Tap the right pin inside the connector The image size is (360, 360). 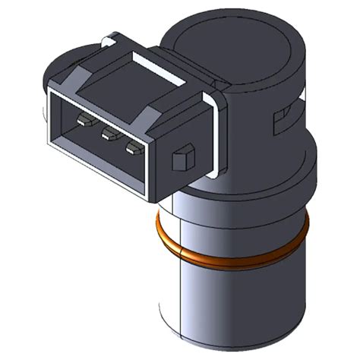tap(134, 146)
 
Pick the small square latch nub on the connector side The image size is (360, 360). tap(182, 159)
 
